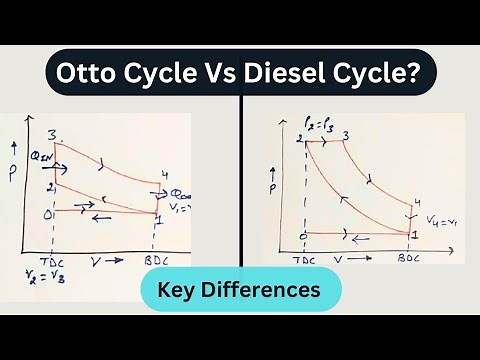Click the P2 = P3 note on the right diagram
pos(319,122)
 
